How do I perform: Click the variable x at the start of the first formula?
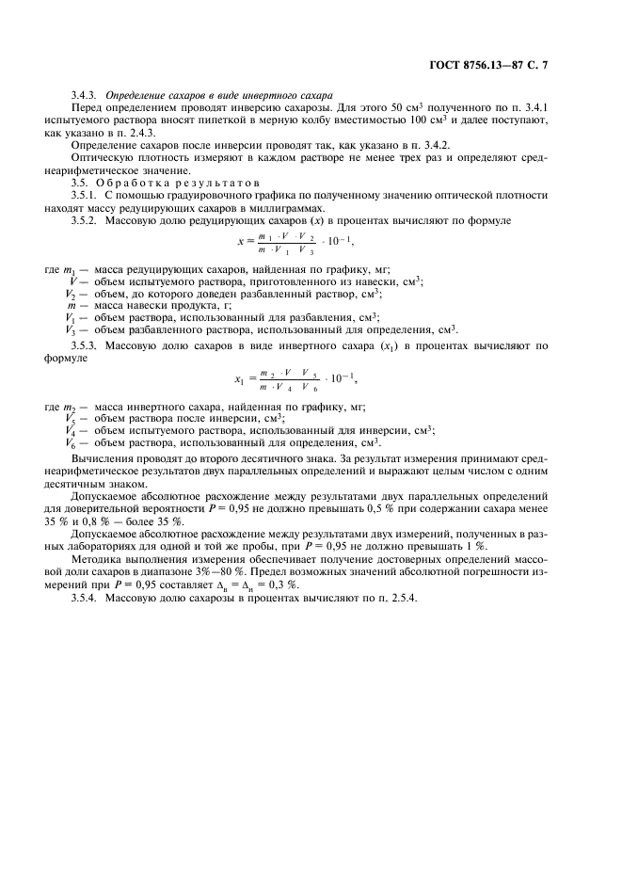click(x=241, y=241)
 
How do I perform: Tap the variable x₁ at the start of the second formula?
click(x=239, y=379)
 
